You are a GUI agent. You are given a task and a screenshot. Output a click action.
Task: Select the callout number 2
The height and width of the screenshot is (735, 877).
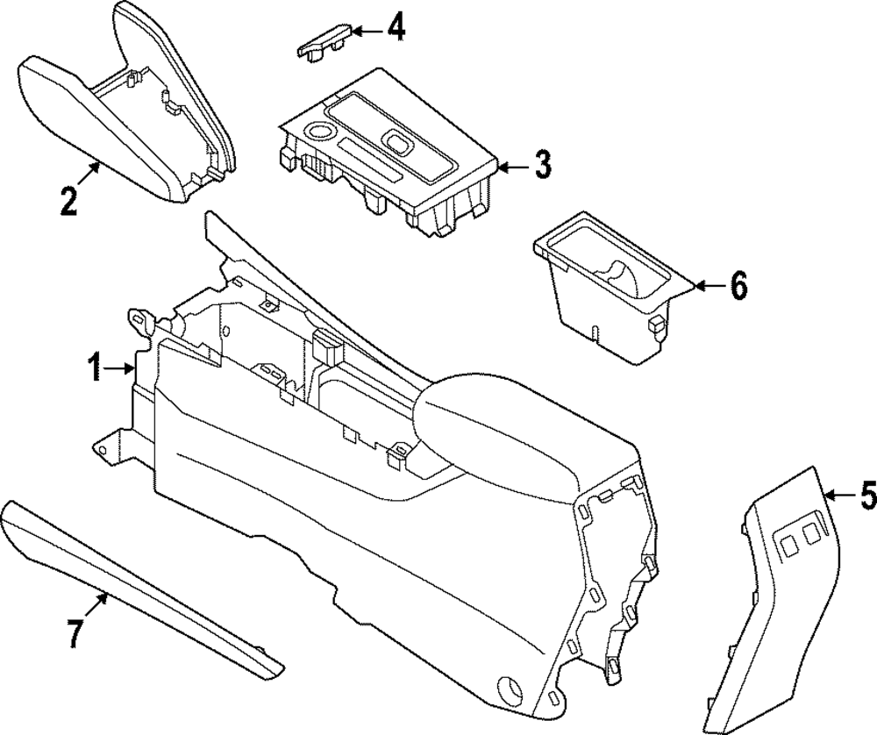tap(68, 200)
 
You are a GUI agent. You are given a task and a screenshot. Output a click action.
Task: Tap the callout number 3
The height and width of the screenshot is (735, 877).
tap(543, 164)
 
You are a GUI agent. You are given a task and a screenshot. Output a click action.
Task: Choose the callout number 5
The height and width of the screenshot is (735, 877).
tap(866, 497)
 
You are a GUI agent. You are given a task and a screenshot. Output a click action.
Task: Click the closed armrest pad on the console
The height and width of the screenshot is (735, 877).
tap(500, 430)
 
